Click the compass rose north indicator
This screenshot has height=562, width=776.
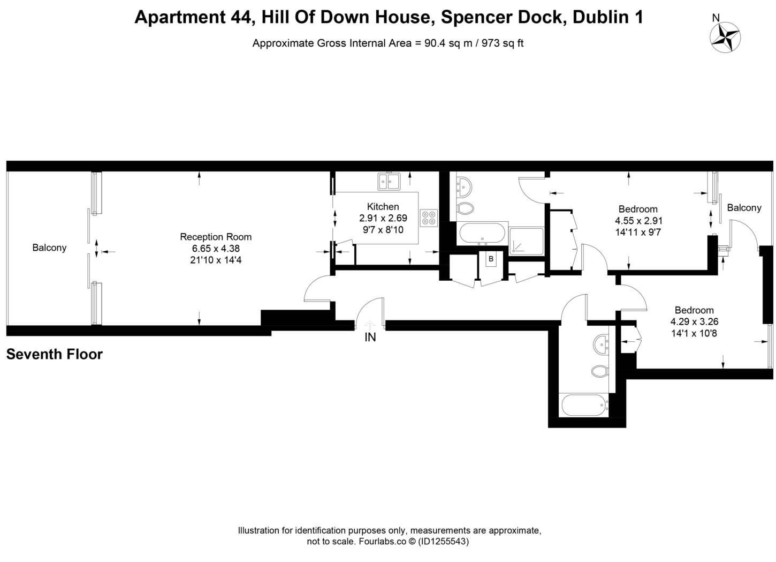coord(726,37)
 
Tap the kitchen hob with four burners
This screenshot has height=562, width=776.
coord(429,217)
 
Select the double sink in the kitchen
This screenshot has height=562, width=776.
coord(389,182)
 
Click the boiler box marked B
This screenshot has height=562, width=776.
coord(490,259)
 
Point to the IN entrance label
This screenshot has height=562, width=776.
coord(370,338)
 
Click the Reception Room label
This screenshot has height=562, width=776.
coord(215,237)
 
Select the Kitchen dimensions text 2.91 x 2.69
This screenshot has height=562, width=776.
coord(383,218)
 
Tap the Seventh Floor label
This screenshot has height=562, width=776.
coord(54,354)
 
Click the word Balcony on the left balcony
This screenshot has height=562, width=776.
coord(49,248)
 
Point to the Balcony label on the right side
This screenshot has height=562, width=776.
coord(743,208)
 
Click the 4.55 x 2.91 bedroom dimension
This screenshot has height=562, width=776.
coord(638,221)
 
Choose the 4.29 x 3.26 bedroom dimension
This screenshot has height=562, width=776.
coord(694,322)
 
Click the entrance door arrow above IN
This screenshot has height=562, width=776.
coord(370,325)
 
